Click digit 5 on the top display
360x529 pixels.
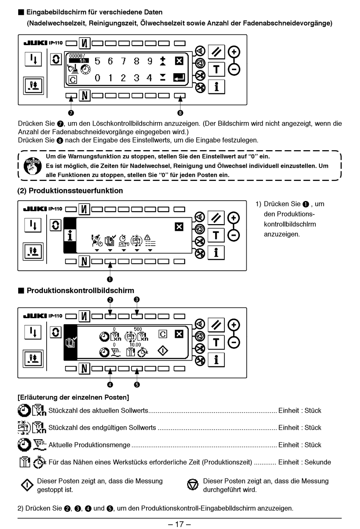(97, 61)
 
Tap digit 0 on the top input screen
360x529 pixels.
(97, 78)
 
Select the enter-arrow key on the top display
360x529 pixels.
(179, 77)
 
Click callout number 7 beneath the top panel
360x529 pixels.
(71, 113)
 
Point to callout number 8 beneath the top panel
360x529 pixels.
(180, 113)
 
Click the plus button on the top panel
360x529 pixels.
(234, 52)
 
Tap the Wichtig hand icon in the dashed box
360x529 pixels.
(33, 166)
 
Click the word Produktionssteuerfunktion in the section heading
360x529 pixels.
(76, 191)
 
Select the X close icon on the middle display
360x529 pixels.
(179, 227)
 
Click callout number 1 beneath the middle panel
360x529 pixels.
(110, 279)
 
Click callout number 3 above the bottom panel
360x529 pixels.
(137, 300)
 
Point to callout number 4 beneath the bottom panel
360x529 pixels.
(110, 385)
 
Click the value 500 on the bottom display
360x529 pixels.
(138, 329)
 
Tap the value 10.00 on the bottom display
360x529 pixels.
(135, 345)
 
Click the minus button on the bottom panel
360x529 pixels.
(234, 342)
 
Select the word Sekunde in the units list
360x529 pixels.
(318, 462)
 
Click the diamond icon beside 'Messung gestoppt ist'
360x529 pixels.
(27, 485)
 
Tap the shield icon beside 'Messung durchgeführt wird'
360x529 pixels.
(193, 485)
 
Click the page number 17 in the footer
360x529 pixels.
(179, 524)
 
